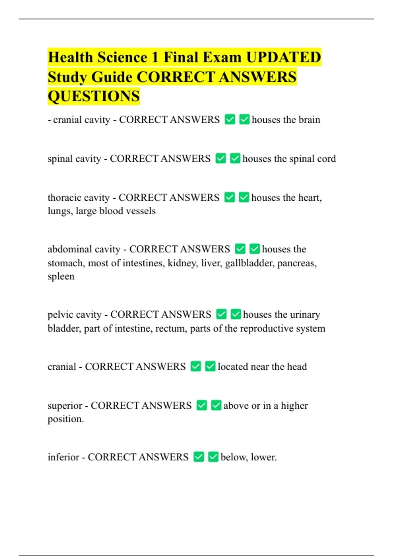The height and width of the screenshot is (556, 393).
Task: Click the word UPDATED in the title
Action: point(283,57)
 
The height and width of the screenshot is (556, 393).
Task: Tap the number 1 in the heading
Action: point(155,57)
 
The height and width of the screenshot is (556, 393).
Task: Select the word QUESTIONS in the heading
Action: point(94,96)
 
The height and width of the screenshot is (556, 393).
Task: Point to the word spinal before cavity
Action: point(58,159)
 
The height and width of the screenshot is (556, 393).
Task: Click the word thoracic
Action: point(62,198)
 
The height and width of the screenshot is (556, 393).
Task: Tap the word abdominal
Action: point(67,249)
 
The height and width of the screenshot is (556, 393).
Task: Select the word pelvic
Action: point(58,315)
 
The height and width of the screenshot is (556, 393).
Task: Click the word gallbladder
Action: point(249,263)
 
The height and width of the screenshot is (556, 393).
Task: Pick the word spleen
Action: point(61,277)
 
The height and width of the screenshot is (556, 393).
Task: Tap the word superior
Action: point(65,406)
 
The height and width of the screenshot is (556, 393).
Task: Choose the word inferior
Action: point(63,457)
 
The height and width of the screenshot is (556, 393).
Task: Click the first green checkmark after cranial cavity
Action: point(230,119)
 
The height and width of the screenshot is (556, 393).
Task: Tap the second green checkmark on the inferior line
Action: point(213,457)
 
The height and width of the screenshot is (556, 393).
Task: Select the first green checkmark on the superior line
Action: point(202,405)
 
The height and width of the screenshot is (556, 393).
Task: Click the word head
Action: point(297,367)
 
